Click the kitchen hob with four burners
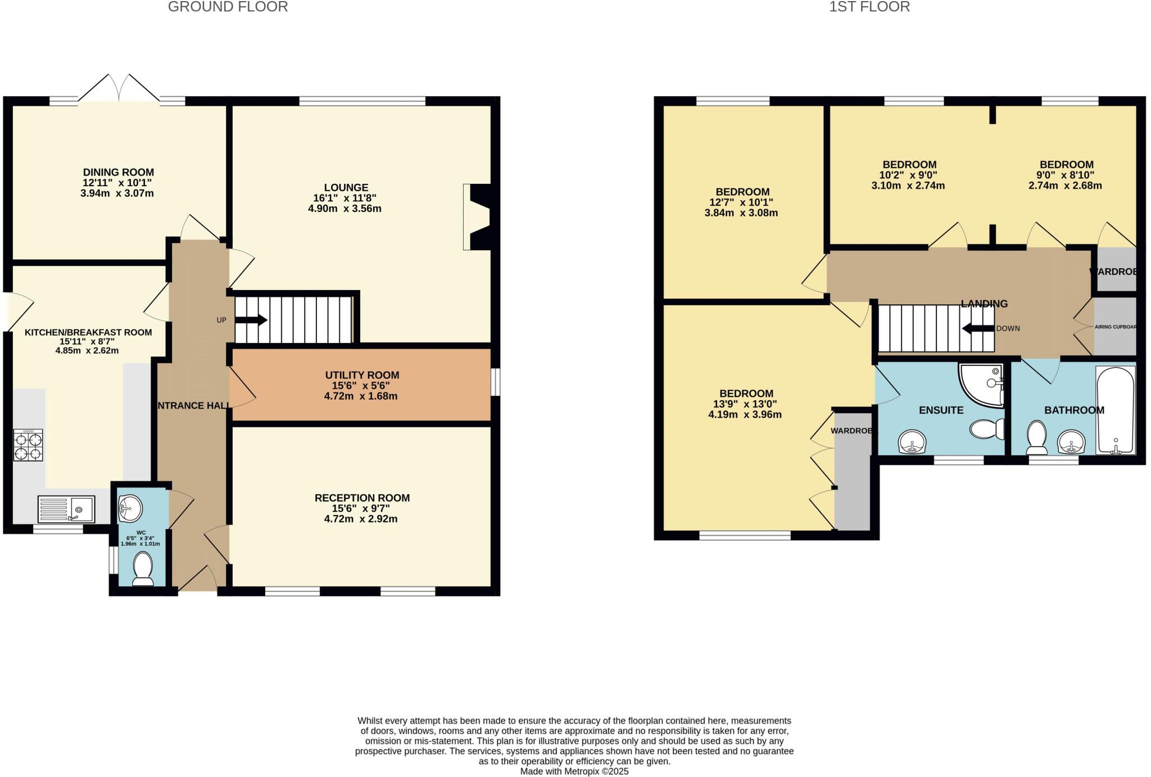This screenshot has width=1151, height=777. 28,445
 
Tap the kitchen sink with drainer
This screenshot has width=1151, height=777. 66,509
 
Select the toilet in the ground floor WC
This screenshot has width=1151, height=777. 143,569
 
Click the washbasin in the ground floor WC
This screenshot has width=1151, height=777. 131,508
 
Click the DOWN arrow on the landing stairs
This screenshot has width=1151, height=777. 978,328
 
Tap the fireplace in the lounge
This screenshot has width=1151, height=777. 478,216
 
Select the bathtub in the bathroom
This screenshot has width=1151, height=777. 1116,410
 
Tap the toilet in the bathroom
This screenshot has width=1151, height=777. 1036,438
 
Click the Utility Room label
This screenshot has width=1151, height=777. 362,375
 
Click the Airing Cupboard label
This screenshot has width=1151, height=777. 1116,327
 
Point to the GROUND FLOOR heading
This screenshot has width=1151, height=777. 228,7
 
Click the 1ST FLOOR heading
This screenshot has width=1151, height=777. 869,7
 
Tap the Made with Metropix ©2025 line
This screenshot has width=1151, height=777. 574,771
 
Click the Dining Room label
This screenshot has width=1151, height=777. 118,172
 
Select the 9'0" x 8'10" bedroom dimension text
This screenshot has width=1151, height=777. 1066,175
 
